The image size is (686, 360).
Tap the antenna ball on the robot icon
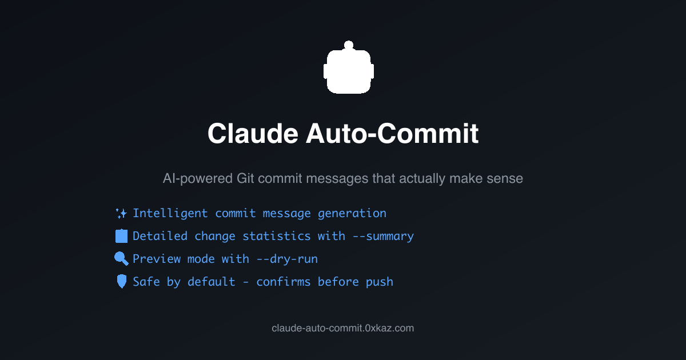pos(349,45)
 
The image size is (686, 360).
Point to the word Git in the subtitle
pos(245,179)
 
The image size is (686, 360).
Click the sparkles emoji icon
pos(121,214)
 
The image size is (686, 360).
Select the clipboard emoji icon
pos(121,236)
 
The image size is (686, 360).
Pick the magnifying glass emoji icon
pos(121,259)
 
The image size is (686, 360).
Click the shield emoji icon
pos(121,282)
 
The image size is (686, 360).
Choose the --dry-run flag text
pos(287,259)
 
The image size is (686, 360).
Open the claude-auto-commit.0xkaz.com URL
pos(343,328)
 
